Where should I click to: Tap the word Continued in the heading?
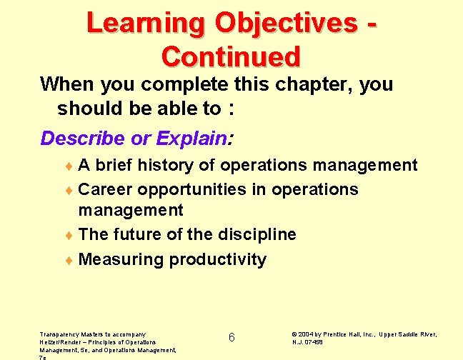231,56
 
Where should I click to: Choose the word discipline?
252,234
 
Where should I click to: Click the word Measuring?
121,259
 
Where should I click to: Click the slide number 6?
231,338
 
